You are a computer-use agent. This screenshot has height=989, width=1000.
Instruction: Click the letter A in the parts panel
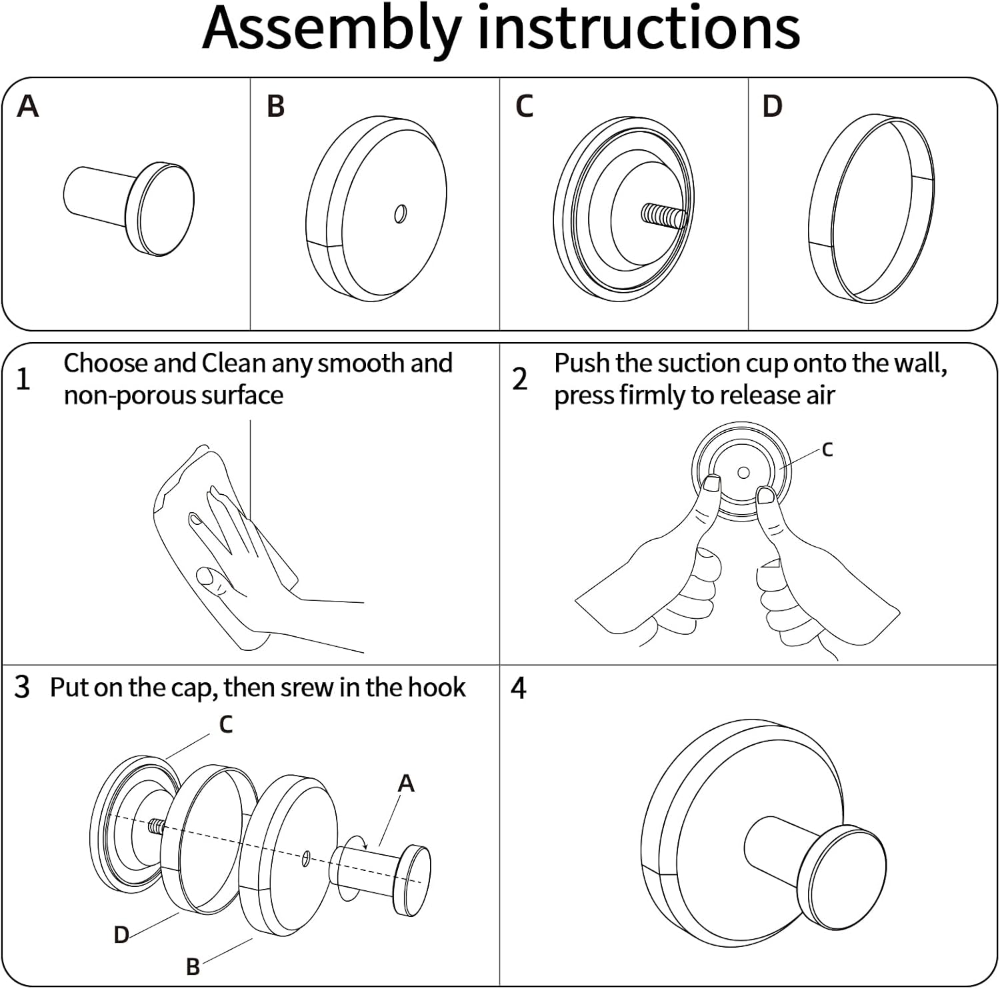(27, 106)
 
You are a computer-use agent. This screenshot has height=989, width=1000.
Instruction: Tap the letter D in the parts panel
(772, 106)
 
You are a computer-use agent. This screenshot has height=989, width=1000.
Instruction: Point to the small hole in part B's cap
(400, 214)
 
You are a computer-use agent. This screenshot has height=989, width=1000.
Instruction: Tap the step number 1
(23, 379)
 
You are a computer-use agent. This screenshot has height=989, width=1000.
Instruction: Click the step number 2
(520, 379)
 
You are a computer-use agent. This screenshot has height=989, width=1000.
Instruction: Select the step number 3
(22, 687)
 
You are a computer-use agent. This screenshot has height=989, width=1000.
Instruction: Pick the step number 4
(519, 688)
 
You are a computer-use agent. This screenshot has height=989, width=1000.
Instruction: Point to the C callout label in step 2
(827, 450)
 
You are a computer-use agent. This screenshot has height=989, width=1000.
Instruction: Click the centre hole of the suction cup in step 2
(743, 473)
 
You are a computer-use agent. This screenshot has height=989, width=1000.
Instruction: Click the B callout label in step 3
(193, 966)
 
